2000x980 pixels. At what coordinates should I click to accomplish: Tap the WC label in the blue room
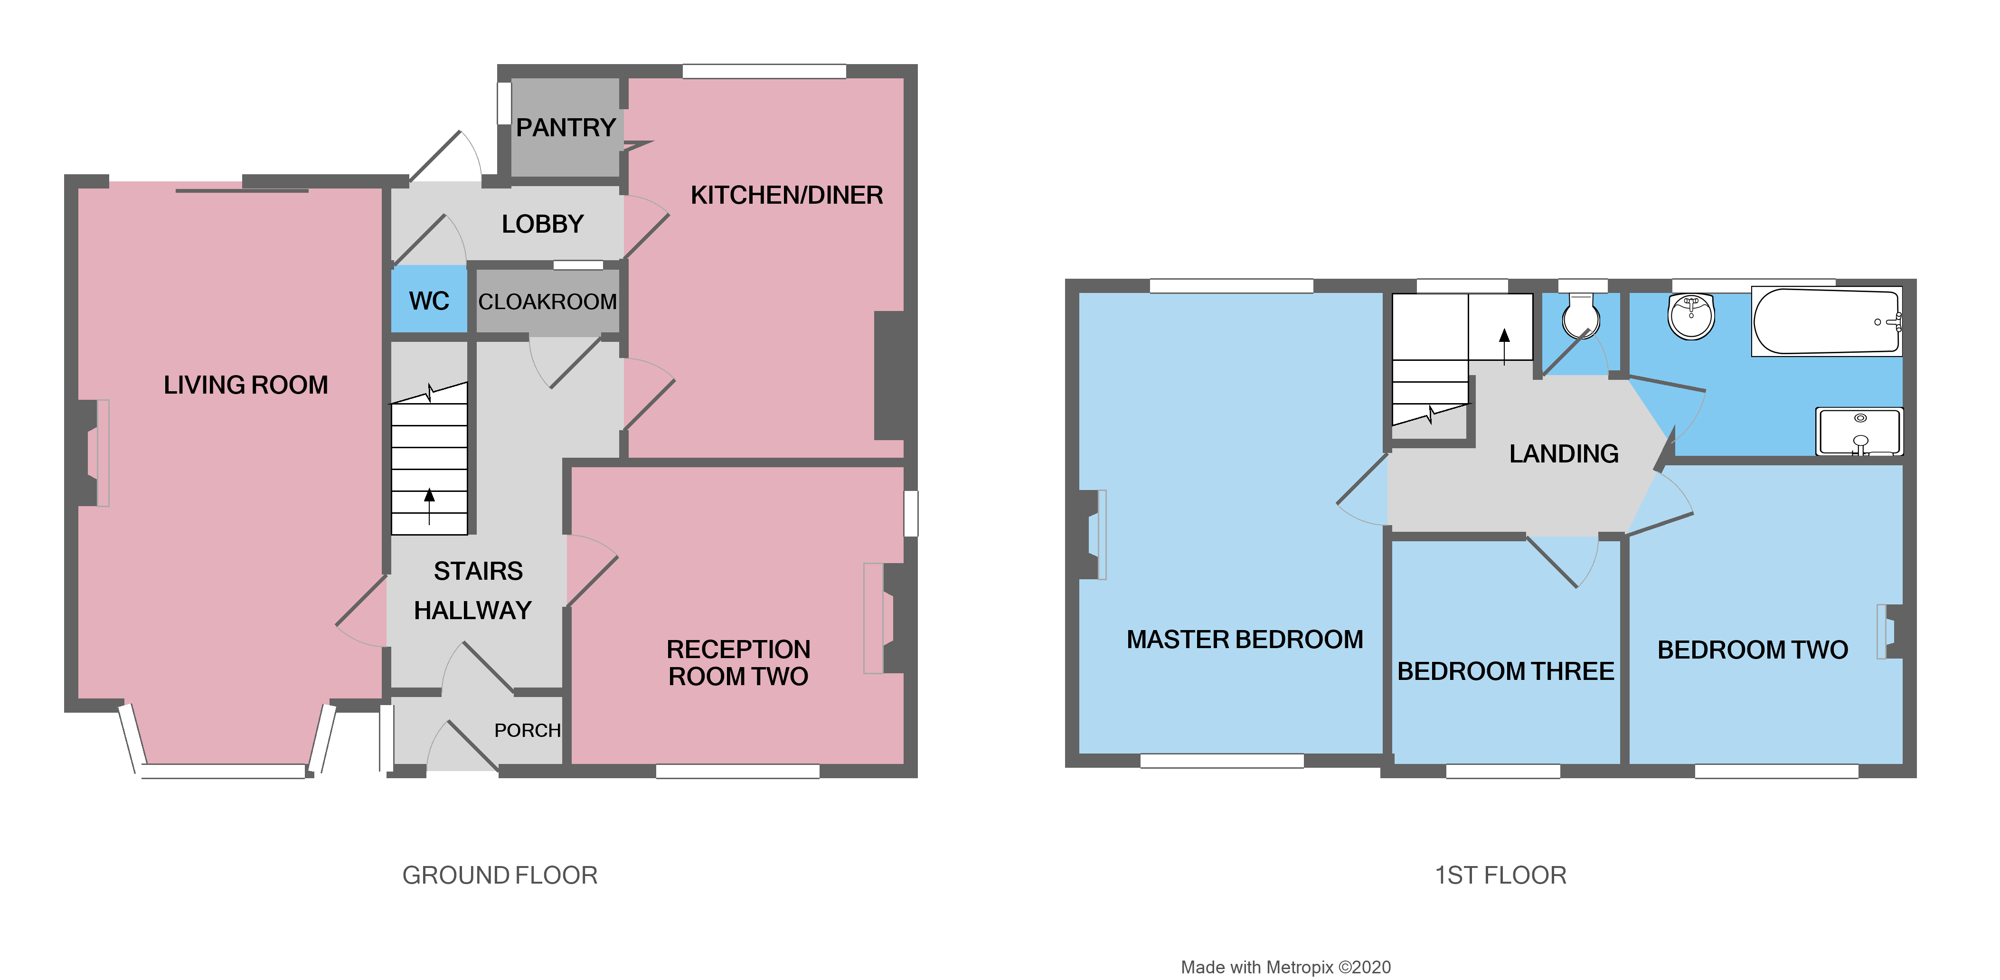(x=429, y=302)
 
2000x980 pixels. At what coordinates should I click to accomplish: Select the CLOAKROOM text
(x=547, y=302)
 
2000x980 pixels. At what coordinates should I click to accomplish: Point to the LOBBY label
(x=542, y=225)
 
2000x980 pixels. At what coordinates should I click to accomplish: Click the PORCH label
(x=527, y=731)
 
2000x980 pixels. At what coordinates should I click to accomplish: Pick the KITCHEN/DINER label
(x=786, y=195)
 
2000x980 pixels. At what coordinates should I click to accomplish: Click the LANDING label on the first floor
(x=1564, y=453)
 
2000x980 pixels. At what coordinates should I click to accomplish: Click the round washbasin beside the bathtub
(x=1691, y=316)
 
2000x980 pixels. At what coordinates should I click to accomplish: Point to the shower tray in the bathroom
(x=1858, y=432)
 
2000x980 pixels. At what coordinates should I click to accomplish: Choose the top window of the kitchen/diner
(x=764, y=71)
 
